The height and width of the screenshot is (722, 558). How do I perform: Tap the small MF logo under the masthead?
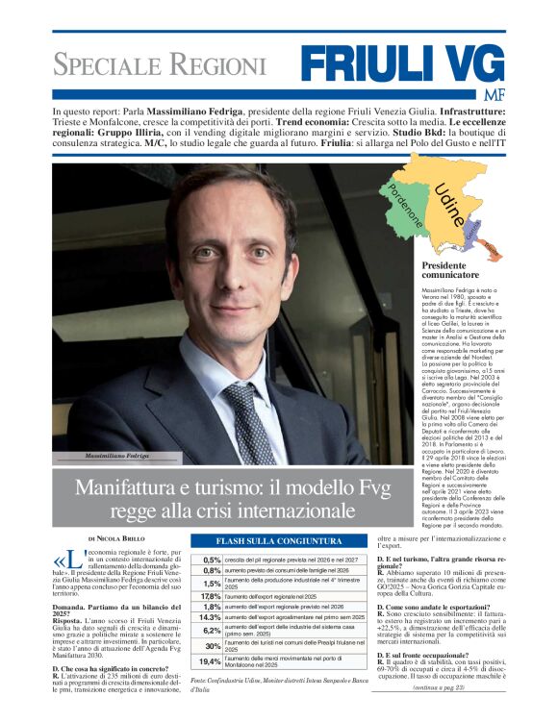tap(493, 94)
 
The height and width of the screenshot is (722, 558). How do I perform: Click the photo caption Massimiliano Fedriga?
tap(117, 455)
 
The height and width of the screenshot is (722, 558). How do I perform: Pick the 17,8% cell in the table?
tap(211, 596)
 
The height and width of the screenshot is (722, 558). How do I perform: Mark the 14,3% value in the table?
tap(211, 617)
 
